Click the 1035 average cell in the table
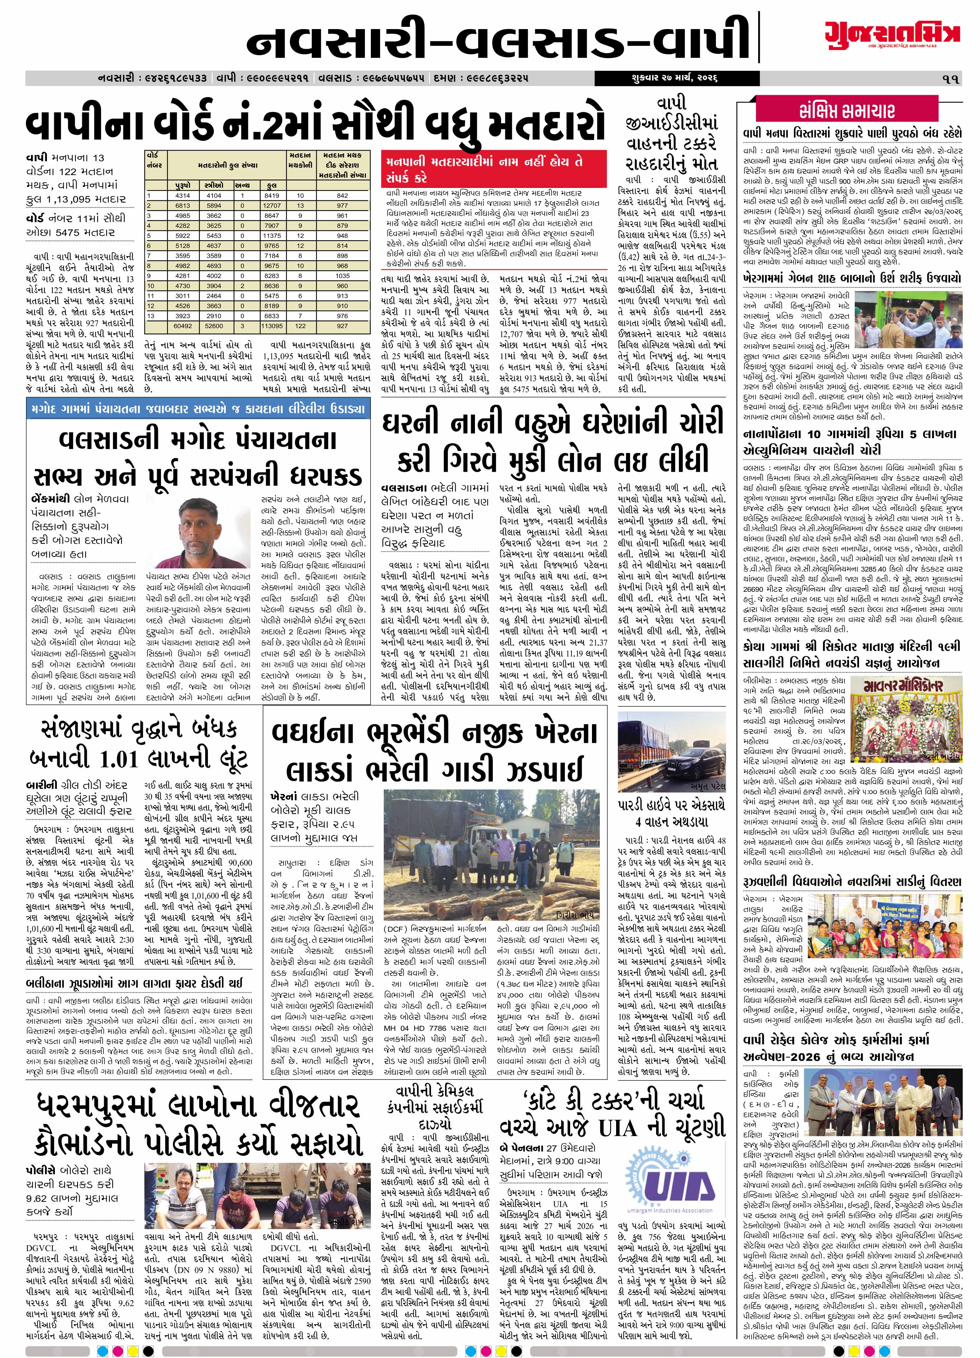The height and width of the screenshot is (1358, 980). (342, 276)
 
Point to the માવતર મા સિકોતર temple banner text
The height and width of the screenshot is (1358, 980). (912, 684)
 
